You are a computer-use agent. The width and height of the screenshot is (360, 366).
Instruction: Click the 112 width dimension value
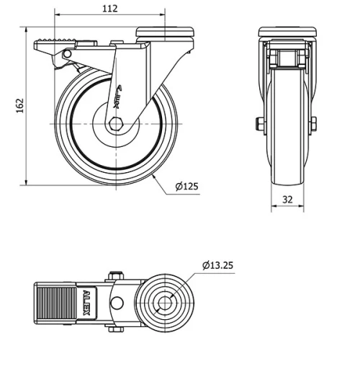tap(109, 9)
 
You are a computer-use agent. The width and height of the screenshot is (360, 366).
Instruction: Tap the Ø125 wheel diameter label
tap(186, 187)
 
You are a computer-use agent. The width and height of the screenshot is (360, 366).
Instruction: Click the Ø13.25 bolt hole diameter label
tap(217, 266)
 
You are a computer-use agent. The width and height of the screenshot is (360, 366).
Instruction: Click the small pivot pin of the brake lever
tap(66, 55)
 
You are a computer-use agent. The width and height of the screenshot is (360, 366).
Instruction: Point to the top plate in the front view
tap(287, 32)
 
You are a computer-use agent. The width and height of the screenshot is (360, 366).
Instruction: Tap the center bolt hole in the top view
tap(165, 303)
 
